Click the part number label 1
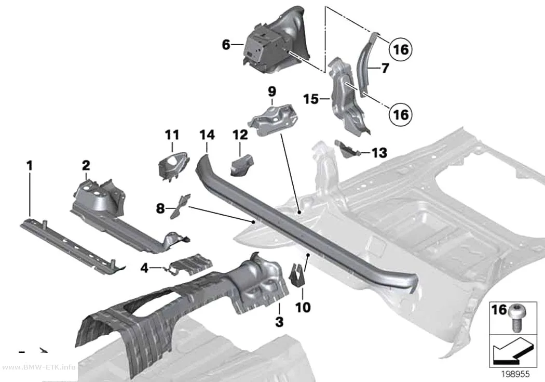(x=30, y=166)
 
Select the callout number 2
(x=86, y=166)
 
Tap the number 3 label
(x=279, y=322)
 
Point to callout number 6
(x=226, y=45)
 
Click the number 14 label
(x=207, y=135)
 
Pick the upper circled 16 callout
(x=400, y=49)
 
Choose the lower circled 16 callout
(x=400, y=114)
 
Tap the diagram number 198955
(x=515, y=374)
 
